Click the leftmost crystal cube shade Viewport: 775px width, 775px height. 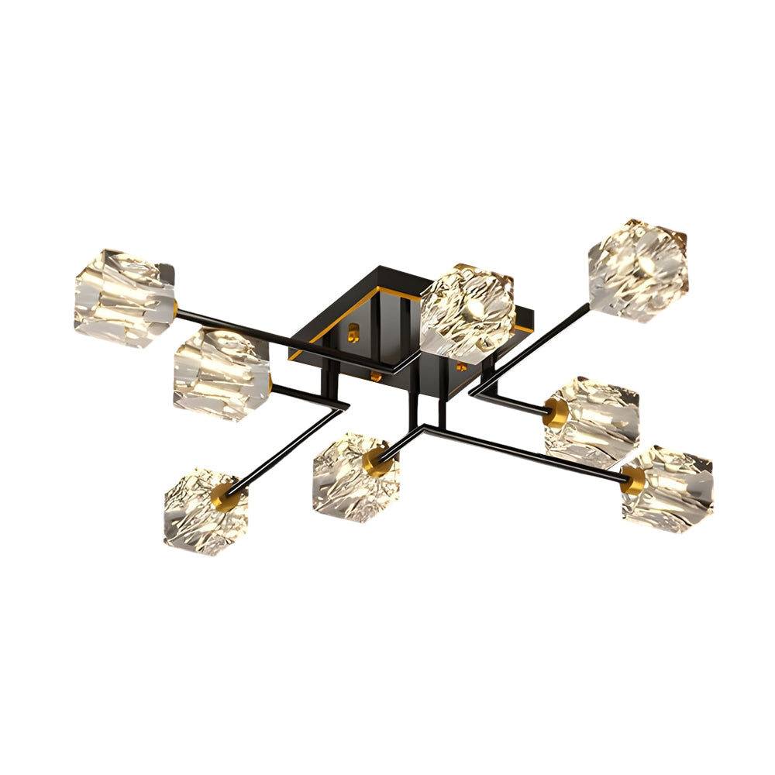click(x=124, y=298)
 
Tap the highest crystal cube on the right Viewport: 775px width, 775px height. click(x=637, y=270)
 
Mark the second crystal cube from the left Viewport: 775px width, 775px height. click(x=221, y=374)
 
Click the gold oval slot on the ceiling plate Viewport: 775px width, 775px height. click(x=356, y=332)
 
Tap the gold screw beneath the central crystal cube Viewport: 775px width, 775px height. click(x=463, y=364)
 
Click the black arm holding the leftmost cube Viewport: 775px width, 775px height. click(x=287, y=337)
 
